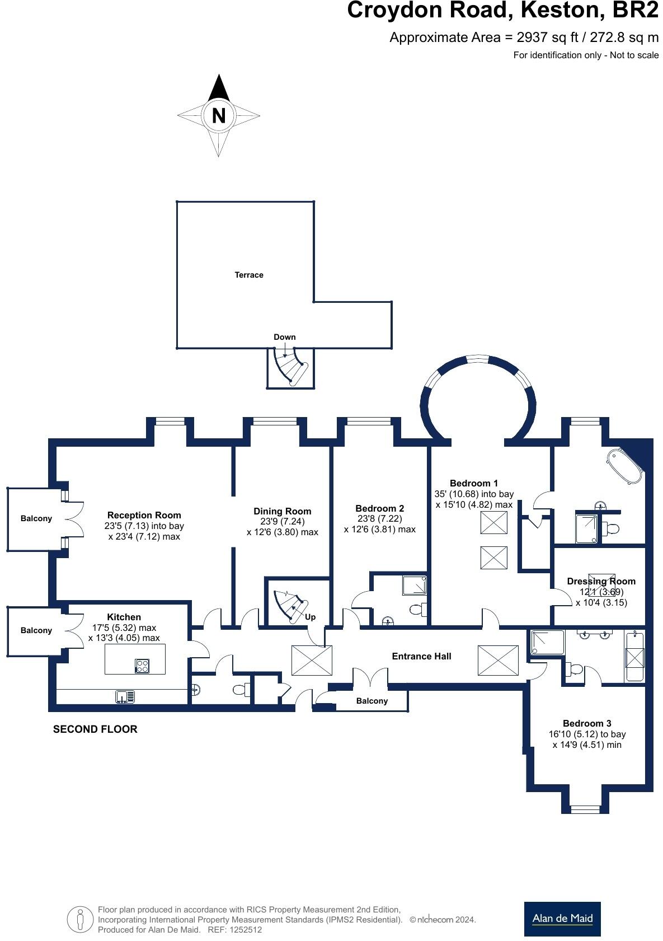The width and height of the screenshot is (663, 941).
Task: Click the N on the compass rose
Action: tap(218, 116)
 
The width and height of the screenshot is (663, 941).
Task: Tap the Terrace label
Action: tap(249, 275)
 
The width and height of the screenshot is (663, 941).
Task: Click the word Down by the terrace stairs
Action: tap(284, 337)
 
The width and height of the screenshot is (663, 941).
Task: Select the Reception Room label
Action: tap(144, 515)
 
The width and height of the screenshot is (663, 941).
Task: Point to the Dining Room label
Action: tap(282, 511)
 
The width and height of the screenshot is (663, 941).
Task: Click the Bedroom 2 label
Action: tap(379, 508)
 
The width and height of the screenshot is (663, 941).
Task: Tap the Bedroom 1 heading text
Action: tap(473, 483)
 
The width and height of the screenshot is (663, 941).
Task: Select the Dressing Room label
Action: tap(601, 581)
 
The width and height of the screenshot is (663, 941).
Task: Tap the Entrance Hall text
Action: tap(421, 656)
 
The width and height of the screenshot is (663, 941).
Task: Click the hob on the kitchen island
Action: tap(142, 666)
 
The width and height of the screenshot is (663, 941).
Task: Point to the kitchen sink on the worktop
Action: tap(125, 697)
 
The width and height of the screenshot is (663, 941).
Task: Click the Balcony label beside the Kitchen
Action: tap(36, 630)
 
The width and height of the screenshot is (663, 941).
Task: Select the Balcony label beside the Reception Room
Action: tap(36, 518)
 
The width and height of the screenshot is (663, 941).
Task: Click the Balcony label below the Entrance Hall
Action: tap(372, 701)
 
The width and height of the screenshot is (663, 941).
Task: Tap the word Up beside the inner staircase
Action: tap(310, 617)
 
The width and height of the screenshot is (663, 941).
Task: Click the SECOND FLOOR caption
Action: tap(95, 729)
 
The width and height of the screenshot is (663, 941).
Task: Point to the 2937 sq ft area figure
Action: tap(540, 38)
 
